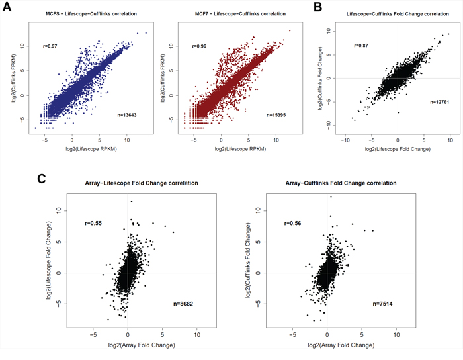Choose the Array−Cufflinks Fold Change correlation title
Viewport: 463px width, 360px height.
[x=327, y=182]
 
